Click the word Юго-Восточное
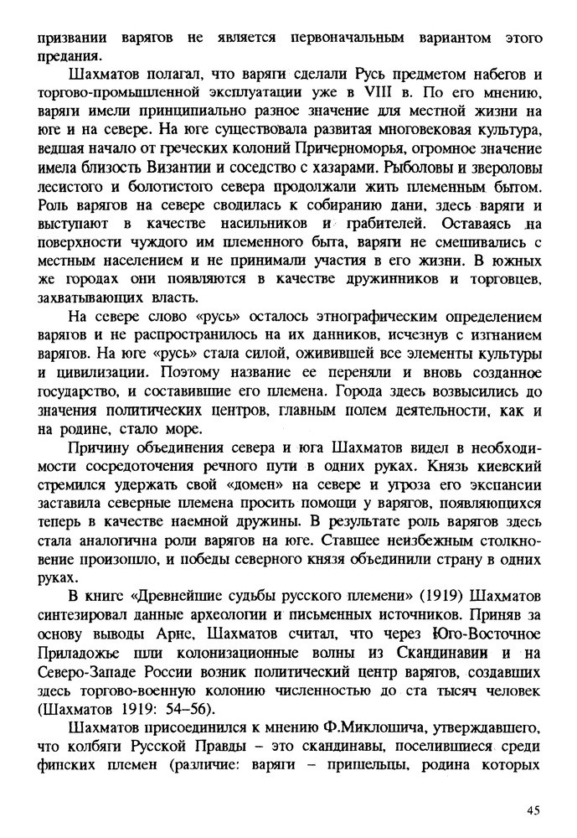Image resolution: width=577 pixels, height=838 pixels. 491,641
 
